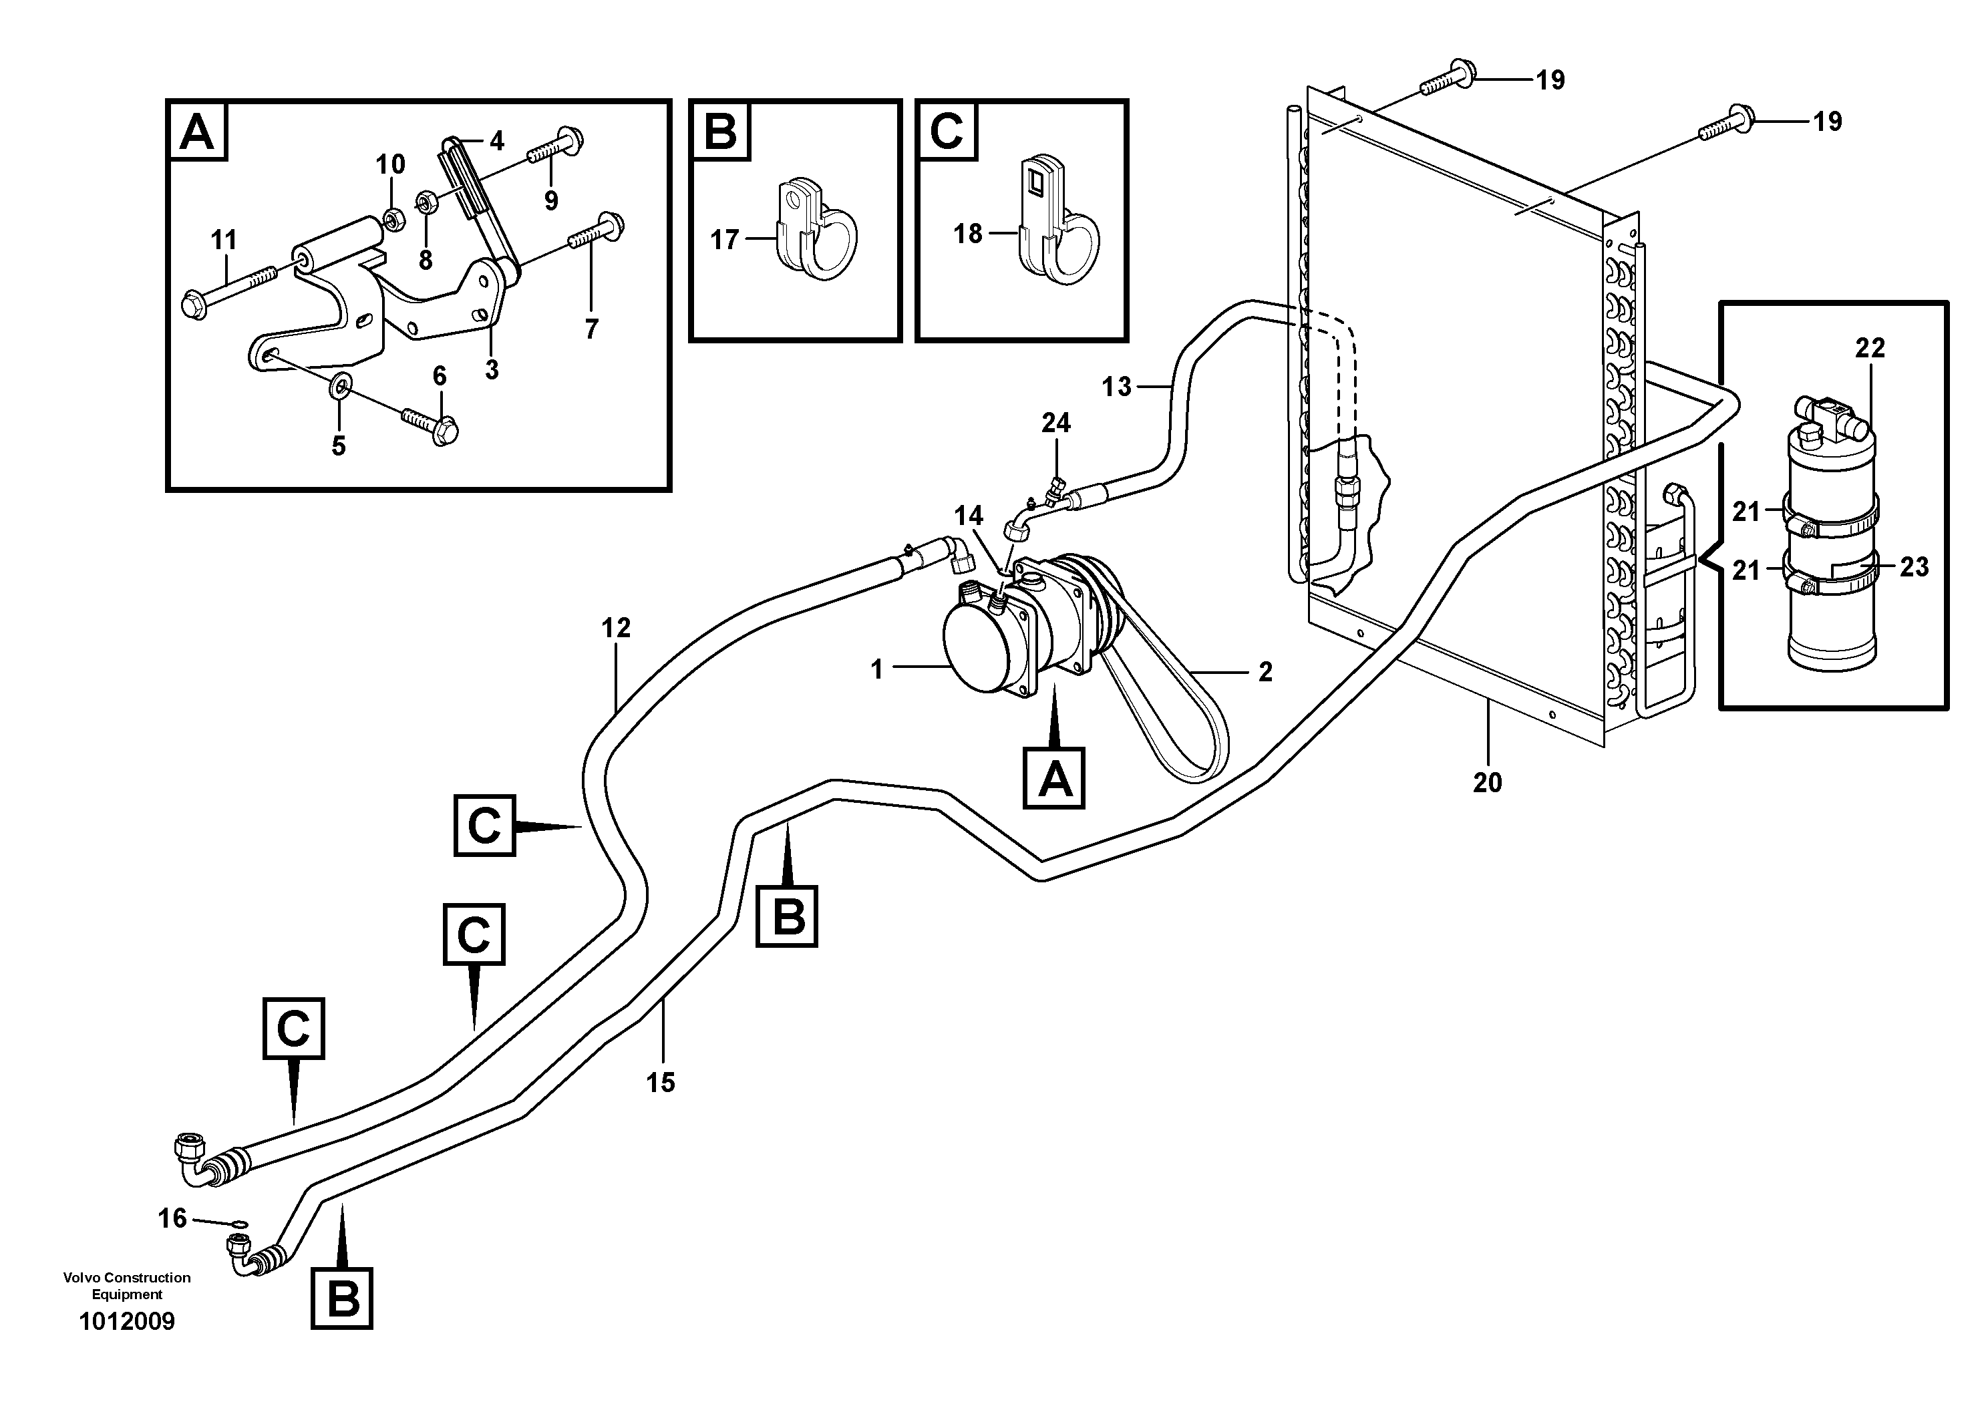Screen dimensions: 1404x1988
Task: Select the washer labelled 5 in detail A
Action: pos(340,383)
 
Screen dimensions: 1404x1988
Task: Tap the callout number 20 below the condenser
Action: pos(1487,783)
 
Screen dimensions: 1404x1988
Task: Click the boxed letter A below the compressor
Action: pos(1053,778)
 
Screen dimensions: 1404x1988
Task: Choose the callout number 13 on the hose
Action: pos(1116,387)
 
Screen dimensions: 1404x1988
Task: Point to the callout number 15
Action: pos(661,1082)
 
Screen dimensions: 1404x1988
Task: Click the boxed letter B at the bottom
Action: pos(342,1298)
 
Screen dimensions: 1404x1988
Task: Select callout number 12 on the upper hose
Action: pos(616,628)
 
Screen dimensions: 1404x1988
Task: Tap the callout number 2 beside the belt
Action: pos(1265,672)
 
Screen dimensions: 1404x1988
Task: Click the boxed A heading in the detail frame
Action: pos(198,132)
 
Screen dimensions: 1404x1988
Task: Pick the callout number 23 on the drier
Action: pos(1915,567)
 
